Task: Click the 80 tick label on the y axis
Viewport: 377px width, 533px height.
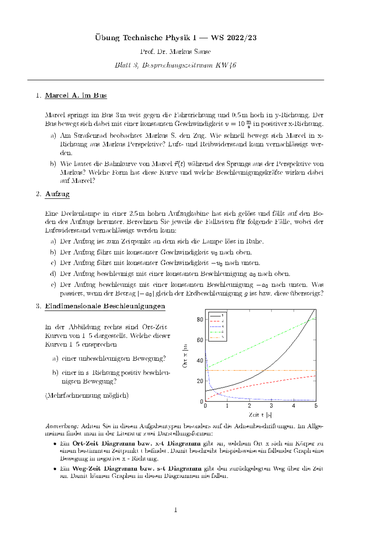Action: click(x=200, y=319)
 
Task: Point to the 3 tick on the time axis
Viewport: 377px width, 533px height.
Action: click(x=271, y=406)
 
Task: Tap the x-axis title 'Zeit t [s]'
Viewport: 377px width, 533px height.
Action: click(x=260, y=415)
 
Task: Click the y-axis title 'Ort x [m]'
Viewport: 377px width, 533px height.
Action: click(x=185, y=356)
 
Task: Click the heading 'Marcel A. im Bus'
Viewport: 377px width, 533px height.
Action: click(x=76, y=96)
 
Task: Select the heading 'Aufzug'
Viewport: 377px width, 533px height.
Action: click(x=57, y=194)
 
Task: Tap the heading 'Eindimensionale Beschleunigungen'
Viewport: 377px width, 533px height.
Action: click(x=105, y=306)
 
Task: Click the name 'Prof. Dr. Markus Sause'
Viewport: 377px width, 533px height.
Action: click(x=175, y=52)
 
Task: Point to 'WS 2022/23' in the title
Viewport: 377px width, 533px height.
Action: click(x=234, y=38)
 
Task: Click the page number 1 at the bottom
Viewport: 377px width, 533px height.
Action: click(x=176, y=510)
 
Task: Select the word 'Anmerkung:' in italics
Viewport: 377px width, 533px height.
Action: click(x=62, y=426)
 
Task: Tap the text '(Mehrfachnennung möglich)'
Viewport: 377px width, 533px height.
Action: click(x=87, y=395)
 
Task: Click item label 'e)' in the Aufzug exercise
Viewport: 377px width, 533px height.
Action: click(x=53, y=285)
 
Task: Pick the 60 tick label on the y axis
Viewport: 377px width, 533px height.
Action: click(x=200, y=340)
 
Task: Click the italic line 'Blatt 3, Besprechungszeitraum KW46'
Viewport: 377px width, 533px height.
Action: click(x=175, y=65)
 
